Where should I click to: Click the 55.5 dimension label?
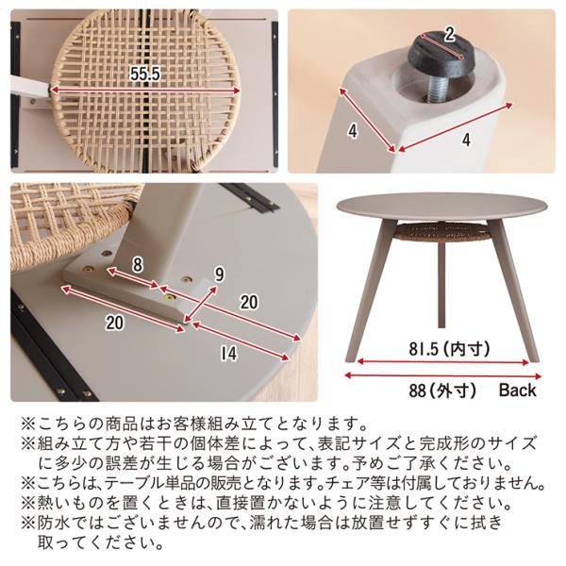pyautogui.click(x=144, y=74)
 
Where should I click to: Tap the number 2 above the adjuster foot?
pyautogui.click(x=449, y=35)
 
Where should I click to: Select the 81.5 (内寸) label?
pyautogui.click(x=449, y=349)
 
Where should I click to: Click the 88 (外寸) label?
pyautogui.click(x=442, y=391)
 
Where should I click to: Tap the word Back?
pyautogui.click(x=517, y=391)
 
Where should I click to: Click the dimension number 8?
pyautogui.click(x=137, y=265)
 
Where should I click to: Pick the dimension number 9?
pyautogui.click(x=220, y=275)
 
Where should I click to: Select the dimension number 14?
pyautogui.click(x=229, y=354)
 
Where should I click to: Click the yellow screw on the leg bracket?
pyautogui.click(x=169, y=298)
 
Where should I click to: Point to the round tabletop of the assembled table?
pyautogui.click(x=441, y=207)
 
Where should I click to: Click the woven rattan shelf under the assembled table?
pyautogui.click(x=441, y=231)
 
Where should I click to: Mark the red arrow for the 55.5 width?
pyautogui.click(x=144, y=90)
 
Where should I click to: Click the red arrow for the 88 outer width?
pyautogui.click(x=443, y=375)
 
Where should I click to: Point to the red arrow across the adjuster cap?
pyautogui.click(x=443, y=46)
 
